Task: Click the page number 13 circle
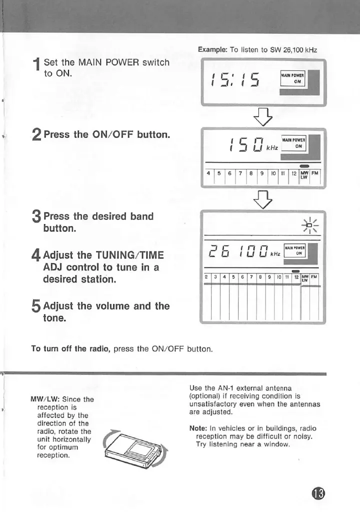click(x=318, y=493)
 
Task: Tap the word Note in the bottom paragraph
click(x=198, y=428)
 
